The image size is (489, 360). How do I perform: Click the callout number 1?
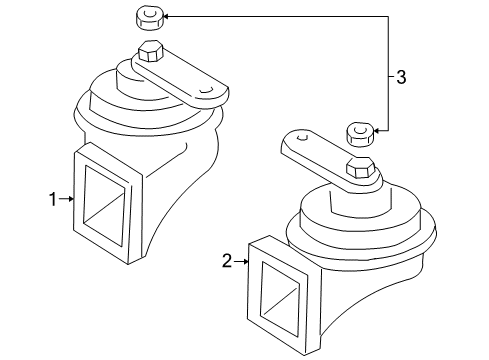click(53, 199)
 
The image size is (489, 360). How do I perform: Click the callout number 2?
click(226, 261)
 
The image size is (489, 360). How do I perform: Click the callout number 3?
click(402, 77)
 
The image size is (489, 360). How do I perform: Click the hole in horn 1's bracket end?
click(206, 91)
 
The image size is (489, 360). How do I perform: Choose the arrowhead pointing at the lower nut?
click(378, 130)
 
